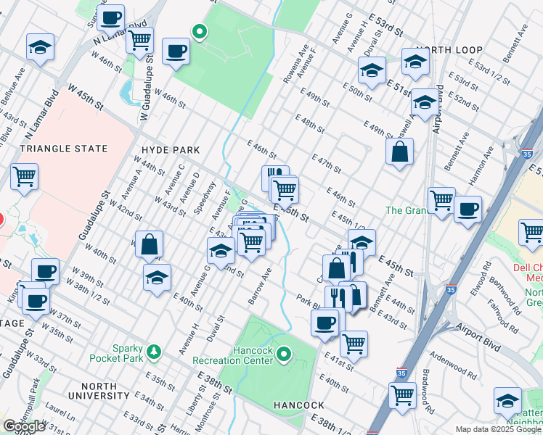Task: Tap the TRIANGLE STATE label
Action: tap(63, 149)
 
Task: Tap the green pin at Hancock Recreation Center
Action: tap(284, 355)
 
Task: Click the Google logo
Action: tap(25, 426)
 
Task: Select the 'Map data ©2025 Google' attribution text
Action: tap(498, 429)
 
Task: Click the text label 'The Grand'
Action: tap(404, 210)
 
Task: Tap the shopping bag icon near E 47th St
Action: tap(399, 152)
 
